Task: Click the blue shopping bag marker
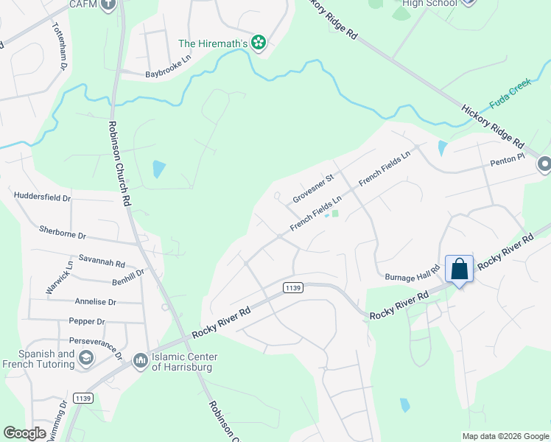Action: (459, 269)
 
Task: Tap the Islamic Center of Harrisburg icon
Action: (140, 361)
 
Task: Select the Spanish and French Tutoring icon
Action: (86, 358)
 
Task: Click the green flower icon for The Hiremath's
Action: (259, 43)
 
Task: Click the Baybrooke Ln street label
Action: (169, 74)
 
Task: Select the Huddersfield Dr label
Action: (42, 197)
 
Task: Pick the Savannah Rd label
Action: (102, 263)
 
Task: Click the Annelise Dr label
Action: (96, 302)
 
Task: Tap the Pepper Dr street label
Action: (87, 321)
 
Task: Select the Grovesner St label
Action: (313, 189)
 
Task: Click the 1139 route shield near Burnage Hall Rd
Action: (292, 288)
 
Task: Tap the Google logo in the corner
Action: (24, 432)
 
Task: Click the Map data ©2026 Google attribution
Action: (505, 436)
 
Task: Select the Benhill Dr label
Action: (128, 276)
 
